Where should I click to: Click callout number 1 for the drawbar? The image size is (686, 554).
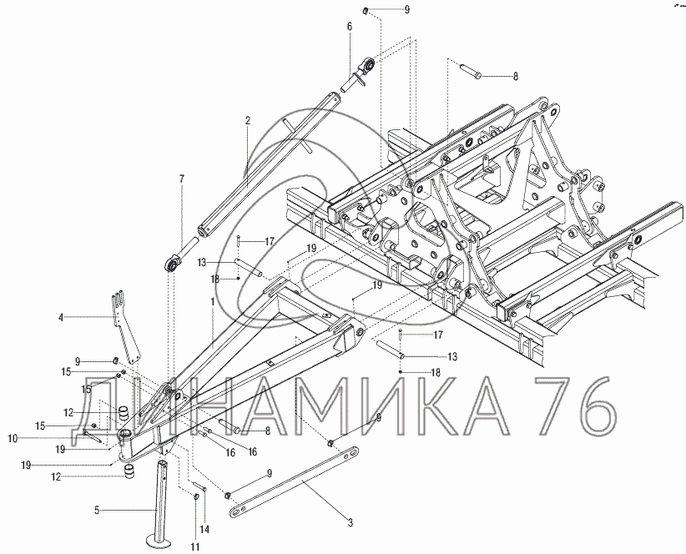(213, 302)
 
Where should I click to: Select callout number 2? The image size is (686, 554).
(248, 121)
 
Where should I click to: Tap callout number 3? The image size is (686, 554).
(350, 522)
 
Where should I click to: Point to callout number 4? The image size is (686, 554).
(61, 317)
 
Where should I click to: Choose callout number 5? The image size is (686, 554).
(97, 510)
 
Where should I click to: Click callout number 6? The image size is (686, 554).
(349, 26)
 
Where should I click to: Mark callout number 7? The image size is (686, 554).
(182, 179)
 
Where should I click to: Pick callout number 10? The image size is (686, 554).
(13, 438)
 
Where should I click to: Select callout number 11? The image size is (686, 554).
(195, 546)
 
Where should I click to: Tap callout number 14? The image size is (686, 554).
(204, 530)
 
